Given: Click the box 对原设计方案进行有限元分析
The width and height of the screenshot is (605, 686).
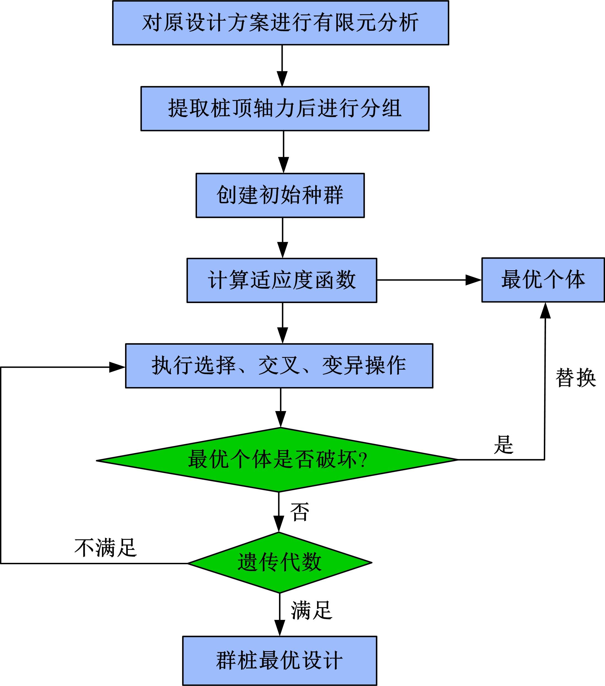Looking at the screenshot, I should [x=280, y=23].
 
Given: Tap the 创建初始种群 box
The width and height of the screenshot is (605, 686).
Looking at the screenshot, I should [x=280, y=195].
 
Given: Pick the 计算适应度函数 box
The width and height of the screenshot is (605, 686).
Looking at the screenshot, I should [x=282, y=280].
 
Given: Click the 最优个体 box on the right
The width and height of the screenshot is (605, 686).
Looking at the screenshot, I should [x=543, y=280].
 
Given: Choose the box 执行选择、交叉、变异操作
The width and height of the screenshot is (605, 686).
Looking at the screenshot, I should [x=279, y=366].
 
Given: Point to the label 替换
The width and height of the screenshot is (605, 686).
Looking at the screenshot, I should [x=576, y=378].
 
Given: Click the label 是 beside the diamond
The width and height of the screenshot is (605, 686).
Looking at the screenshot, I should [x=503, y=445].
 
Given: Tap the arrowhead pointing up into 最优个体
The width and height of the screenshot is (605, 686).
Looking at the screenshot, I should [x=545, y=310].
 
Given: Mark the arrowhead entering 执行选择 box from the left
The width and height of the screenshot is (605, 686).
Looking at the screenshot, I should [x=117, y=367].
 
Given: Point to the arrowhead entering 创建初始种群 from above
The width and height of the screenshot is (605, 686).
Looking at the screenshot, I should [x=283, y=165].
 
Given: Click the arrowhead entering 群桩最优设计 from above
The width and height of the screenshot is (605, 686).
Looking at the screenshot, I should [x=280, y=628].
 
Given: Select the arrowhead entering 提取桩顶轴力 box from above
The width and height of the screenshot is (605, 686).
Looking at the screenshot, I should [x=282, y=79].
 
